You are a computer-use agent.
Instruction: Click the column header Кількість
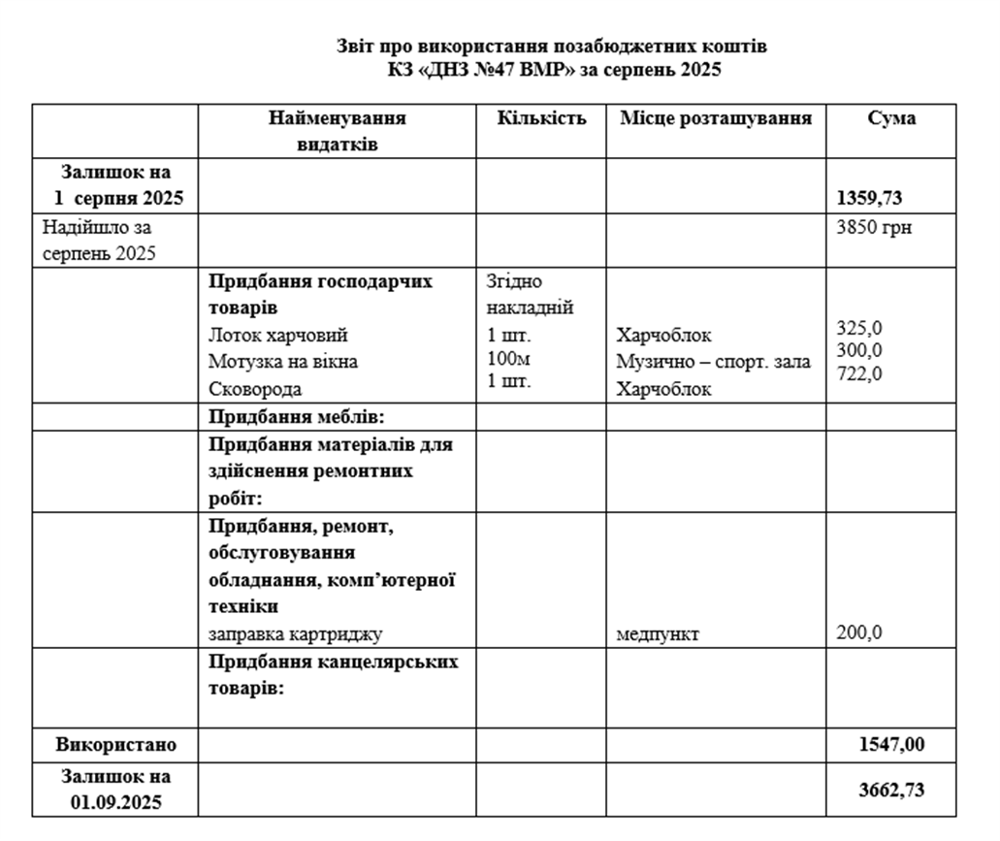click(541, 118)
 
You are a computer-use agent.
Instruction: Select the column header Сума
click(891, 118)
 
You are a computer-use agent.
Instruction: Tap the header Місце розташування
click(716, 118)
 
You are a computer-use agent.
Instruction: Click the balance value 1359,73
click(869, 199)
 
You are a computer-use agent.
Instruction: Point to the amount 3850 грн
click(873, 229)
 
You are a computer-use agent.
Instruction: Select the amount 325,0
click(859, 328)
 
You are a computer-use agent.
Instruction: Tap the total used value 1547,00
click(891, 744)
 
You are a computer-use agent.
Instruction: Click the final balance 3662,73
click(891, 790)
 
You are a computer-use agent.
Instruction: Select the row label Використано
click(116, 745)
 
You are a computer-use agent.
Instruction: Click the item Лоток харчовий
click(277, 336)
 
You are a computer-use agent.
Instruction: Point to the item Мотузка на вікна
click(282, 362)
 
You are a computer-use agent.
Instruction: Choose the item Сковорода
click(255, 389)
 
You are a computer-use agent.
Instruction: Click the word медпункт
click(658, 635)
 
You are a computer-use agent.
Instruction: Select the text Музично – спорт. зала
click(713, 362)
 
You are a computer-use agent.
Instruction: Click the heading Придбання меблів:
click(297, 417)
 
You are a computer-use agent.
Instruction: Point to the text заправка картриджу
click(295, 634)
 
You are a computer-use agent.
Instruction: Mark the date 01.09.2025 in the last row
click(116, 803)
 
